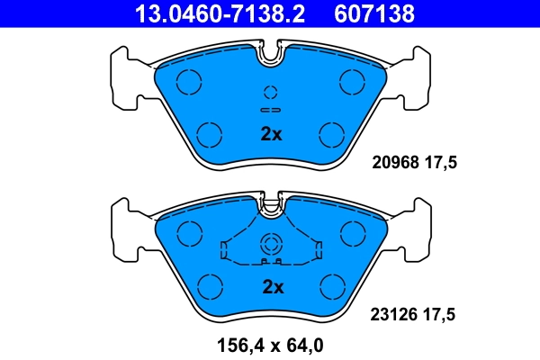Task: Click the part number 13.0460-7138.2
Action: pos(210,13)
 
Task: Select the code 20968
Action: pos(395,163)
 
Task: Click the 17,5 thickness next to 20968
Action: pos(442,163)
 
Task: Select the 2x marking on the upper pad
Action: pos(271,135)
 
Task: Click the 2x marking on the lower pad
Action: pos(272,288)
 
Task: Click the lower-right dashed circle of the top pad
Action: pos(333,135)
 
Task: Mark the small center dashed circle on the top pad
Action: pos(271,93)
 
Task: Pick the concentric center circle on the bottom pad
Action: pos(271,245)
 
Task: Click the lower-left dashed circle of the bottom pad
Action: pos(210,287)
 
